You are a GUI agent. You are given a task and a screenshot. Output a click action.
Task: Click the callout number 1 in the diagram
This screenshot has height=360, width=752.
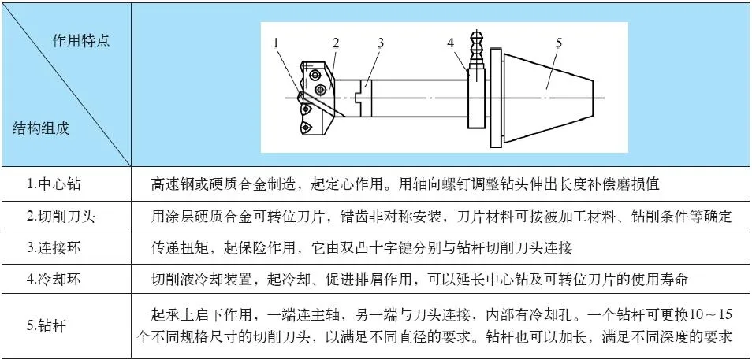click(276, 43)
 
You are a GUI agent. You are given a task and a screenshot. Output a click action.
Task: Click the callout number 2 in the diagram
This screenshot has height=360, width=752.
click(336, 43)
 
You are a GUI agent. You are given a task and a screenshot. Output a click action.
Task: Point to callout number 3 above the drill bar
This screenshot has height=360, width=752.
click(380, 43)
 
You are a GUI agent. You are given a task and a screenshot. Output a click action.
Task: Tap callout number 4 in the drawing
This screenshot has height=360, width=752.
click(450, 43)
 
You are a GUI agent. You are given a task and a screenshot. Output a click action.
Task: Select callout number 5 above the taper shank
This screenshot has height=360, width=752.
click(559, 43)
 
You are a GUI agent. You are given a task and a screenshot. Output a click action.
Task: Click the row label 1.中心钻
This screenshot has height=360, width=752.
click(53, 184)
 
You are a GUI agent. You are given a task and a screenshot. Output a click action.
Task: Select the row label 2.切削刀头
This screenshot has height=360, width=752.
click(61, 216)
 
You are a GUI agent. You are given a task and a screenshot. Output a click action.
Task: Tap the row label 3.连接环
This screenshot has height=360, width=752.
click(53, 248)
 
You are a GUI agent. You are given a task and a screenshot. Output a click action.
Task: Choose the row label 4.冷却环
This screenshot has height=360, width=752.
click(53, 279)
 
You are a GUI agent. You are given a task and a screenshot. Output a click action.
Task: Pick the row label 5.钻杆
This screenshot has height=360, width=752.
click(46, 326)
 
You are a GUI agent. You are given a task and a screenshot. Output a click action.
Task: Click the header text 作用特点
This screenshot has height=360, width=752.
click(81, 41)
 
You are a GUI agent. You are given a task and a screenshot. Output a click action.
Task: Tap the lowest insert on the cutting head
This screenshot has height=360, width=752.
click(306, 128)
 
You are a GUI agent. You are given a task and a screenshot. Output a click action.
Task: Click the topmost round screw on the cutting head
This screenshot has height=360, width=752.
click(315, 75)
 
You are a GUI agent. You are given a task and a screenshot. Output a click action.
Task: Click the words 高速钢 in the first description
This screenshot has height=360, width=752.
click(172, 184)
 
